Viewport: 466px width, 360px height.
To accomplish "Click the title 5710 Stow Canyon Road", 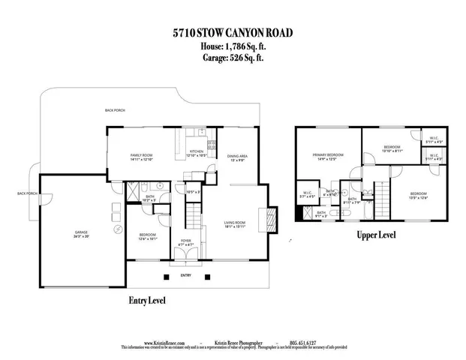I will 233,33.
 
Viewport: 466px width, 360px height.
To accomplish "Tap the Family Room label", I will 142,155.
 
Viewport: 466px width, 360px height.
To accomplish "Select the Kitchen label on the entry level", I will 196,154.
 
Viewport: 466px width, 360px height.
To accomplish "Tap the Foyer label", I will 185,243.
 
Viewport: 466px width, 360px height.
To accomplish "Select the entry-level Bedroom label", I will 147,237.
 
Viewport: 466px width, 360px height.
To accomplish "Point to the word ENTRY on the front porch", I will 185,275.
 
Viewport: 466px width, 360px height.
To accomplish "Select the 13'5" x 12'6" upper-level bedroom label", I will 418,196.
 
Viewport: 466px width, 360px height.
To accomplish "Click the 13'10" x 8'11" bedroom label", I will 391,148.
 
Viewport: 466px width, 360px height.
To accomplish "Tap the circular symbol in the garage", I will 116,230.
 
